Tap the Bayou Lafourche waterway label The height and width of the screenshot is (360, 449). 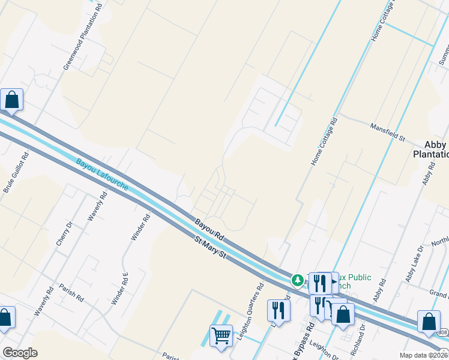click(x=102, y=175)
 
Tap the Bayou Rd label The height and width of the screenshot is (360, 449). click(x=209, y=229)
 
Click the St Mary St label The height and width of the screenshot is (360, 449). click(x=209, y=248)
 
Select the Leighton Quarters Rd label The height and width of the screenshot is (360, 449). click(x=250, y=312)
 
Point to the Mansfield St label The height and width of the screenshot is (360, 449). click(x=388, y=128)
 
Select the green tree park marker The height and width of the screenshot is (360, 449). click(x=297, y=280)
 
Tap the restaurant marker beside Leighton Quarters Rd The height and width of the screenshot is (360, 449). click(x=279, y=310)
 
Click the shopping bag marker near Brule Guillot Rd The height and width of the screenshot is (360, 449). click(x=12, y=100)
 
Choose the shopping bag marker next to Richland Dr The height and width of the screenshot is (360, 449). click(x=343, y=314)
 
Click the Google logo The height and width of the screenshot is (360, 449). click(x=20, y=353)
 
